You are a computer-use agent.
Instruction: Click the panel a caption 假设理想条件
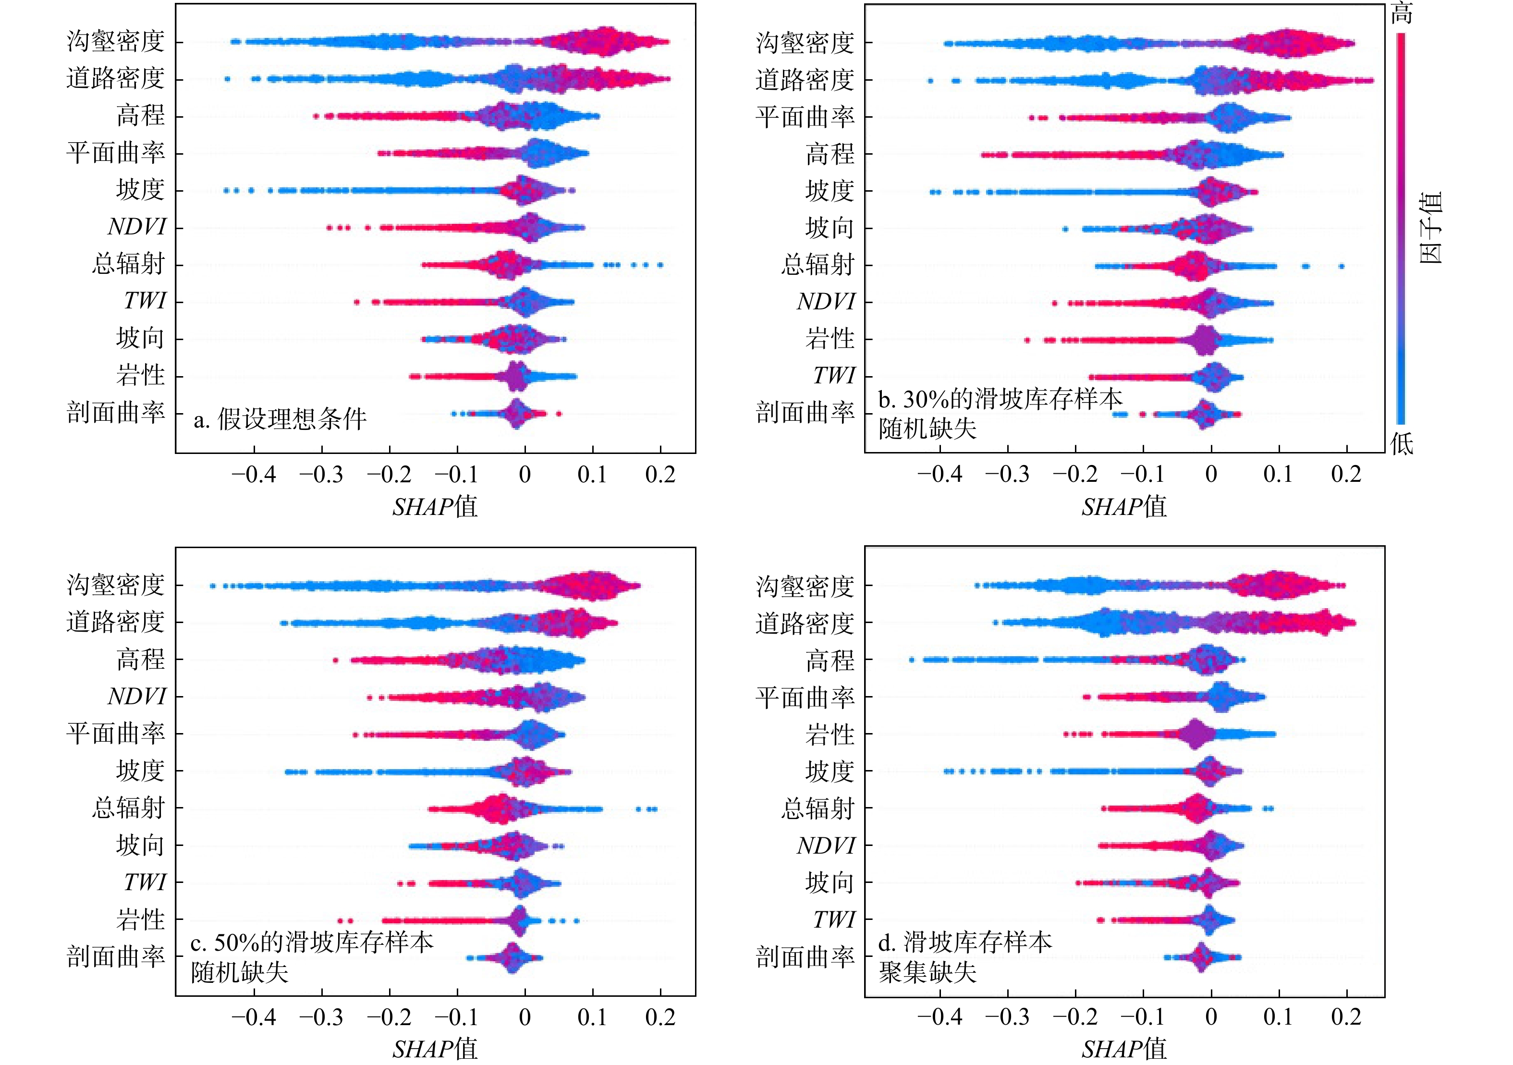[x=280, y=418]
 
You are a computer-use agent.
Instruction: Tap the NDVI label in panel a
[x=137, y=227]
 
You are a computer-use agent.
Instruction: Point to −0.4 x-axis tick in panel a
[x=254, y=475]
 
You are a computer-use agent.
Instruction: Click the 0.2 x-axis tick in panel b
[x=1346, y=475]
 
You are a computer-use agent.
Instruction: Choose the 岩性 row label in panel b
[x=830, y=339]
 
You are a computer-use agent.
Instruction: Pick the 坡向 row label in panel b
[x=830, y=228]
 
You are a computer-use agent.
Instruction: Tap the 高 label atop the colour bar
[x=1402, y=13]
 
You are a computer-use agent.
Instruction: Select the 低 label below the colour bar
[x=1402, y=443]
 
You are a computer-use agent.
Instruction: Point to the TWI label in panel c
[x=145, y=882]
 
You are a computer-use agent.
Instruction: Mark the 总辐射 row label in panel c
[x=129, y=808]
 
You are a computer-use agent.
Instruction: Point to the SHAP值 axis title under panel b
[x=1123, y=507]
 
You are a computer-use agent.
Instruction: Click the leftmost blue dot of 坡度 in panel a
[x=226, y=191]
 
